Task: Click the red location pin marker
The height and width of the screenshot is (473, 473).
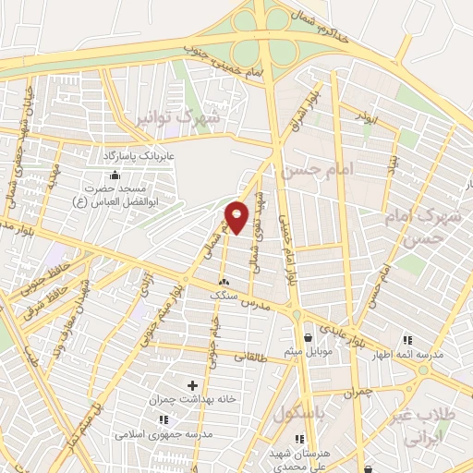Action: click(x=237, y=217)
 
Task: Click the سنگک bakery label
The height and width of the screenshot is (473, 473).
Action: click(x=224, y=295)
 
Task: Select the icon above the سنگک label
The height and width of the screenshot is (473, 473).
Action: click(x=224, y=281)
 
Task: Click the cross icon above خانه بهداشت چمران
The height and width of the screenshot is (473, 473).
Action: click(x=192, y=384)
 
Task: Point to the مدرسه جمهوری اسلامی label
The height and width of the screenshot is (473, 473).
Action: click(x=164, y=433)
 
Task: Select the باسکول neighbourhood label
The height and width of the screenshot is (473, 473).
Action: click(x=300, y=415)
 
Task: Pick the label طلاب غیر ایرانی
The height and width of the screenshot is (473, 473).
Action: click(x=431, y=421)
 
